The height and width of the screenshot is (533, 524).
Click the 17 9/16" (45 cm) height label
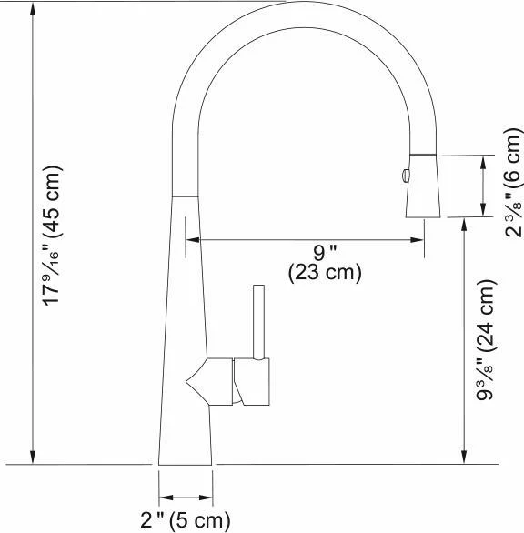[x=52, y=236]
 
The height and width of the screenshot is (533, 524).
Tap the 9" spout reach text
[x=325, y=253]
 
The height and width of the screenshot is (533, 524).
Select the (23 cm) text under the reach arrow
[x=325, y=273]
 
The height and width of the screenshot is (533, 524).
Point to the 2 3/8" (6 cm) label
[x=513, y=183]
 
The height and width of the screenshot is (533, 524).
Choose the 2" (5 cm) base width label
[x=186, y=520]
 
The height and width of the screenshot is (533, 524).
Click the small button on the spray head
[x=406, y=176]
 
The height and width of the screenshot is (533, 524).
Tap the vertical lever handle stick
[x=258, y=322]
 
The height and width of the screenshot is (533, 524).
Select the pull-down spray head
[x=423, y=186]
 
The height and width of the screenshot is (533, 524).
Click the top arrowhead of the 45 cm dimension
[x=33, y=9]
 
